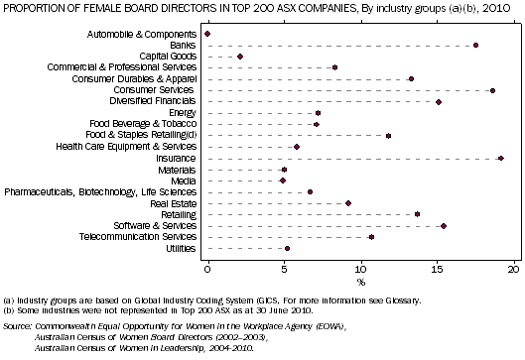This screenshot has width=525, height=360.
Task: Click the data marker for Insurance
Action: point(501,158)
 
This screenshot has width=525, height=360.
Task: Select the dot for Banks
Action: point(476,45)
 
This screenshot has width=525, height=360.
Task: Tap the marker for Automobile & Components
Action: point(207,34)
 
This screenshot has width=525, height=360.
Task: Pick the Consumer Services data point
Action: point(493,90)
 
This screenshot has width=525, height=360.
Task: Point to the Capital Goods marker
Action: point(240,57)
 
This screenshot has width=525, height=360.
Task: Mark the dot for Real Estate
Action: point(348,203)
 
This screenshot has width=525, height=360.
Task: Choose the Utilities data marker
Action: point(288,249)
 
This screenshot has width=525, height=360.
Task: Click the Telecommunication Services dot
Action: point(371,237)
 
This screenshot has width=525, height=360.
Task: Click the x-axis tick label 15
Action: point(438,269)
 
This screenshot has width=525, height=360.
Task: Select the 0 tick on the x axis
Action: point(207,269)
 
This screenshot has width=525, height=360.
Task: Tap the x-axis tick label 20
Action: point(514,269)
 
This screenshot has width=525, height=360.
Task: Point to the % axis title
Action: point(361,283)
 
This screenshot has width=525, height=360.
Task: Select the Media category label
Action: point(184,180)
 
